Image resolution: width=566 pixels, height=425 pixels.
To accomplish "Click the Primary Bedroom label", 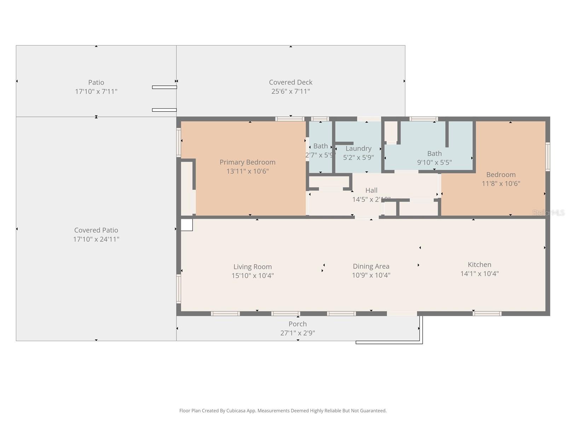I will (247, 162).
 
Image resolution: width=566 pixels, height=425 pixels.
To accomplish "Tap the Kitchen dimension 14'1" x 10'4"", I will (479, 273).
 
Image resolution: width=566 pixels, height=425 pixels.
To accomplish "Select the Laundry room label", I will (358, 148).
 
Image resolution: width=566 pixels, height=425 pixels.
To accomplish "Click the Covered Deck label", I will (290, 82).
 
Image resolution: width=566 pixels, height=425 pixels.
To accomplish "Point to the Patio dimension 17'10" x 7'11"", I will (96, 91).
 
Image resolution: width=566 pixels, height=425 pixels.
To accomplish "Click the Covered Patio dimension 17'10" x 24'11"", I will (96, 239).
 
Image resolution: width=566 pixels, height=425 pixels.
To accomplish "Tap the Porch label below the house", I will (298, 324).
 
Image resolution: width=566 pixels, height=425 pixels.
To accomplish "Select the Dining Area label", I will (371, 266).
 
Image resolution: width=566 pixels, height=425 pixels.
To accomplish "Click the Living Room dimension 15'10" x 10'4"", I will (253, 276).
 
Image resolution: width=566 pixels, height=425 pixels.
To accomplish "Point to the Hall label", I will (371, 190).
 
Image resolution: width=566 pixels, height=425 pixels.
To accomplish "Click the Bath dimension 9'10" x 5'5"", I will (434, 163).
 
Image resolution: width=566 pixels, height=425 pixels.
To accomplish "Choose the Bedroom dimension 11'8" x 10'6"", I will (501, 183).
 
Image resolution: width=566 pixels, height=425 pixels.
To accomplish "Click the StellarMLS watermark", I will (548, 212).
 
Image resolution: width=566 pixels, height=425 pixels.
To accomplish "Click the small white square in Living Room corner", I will (187, 225).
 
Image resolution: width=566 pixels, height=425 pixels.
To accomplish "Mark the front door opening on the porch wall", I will (402, 313).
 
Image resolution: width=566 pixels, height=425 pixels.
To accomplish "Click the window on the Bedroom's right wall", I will (548, 157).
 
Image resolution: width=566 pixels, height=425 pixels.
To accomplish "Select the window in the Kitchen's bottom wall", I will (487, 313).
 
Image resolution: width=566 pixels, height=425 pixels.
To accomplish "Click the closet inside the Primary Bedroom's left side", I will (187, 188).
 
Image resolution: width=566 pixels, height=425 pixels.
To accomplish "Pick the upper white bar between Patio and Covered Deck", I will (164, 87).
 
